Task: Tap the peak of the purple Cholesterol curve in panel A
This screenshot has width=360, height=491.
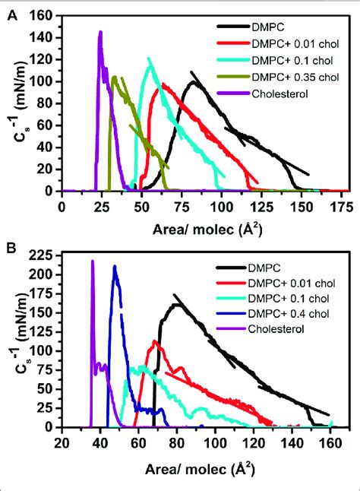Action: (100, 33)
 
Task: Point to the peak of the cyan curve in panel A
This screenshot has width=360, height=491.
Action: (149, 59)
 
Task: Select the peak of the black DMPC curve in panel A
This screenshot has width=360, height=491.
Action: (194, 81)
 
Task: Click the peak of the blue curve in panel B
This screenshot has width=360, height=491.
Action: (115, 266)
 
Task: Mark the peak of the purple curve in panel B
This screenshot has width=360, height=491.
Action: (93, 261)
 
